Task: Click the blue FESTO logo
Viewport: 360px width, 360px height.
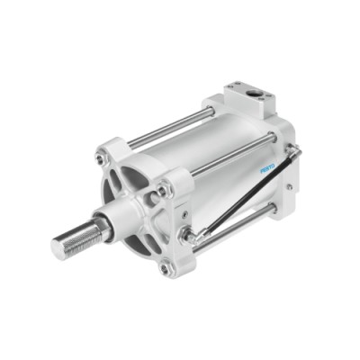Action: [x=267, y=168]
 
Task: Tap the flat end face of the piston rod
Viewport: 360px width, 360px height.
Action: [x=58, y=248]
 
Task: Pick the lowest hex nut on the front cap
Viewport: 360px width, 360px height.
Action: [x=165, y=269]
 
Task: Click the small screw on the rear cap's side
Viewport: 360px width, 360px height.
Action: [x=289, y=187]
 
